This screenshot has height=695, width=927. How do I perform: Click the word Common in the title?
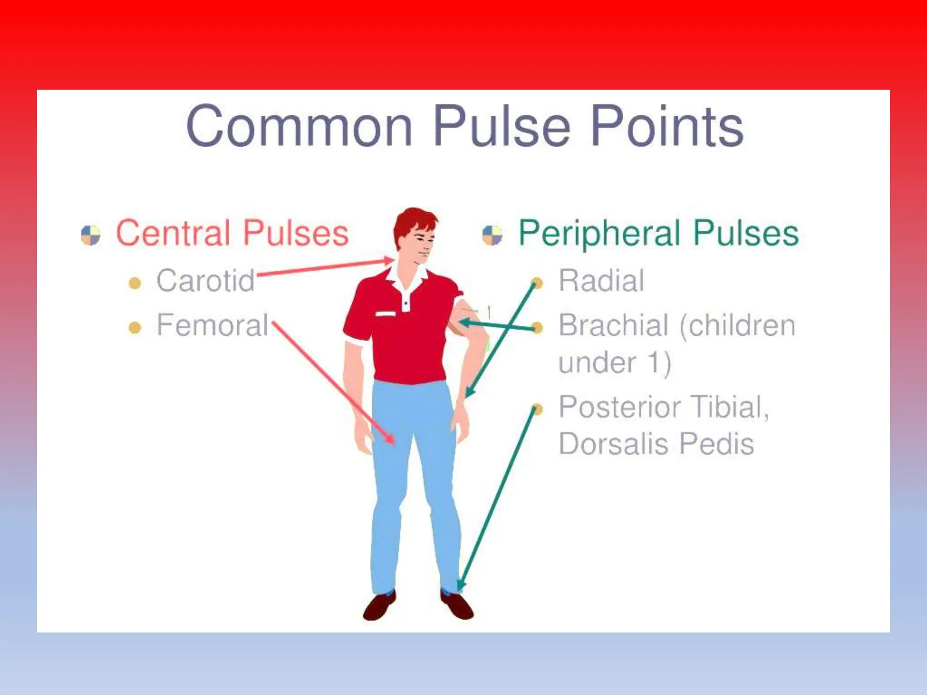point(299,126)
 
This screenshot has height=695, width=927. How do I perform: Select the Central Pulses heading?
point(232,233)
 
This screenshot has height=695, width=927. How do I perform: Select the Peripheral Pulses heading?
point(659,233)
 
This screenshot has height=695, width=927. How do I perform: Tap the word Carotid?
point(205,281)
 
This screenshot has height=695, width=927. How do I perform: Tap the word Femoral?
point(213,325)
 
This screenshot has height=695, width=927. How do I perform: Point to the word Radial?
point(601,281)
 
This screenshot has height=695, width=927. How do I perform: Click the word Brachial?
point(613,325)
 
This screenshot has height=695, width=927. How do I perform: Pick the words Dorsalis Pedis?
point(656,444)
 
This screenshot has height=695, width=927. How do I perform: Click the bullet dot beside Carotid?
point(135,283)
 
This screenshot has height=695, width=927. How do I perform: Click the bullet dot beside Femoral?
point(135,327)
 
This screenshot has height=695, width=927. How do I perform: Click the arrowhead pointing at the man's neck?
point(389,261)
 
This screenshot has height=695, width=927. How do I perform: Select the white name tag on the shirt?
point(385,314)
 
